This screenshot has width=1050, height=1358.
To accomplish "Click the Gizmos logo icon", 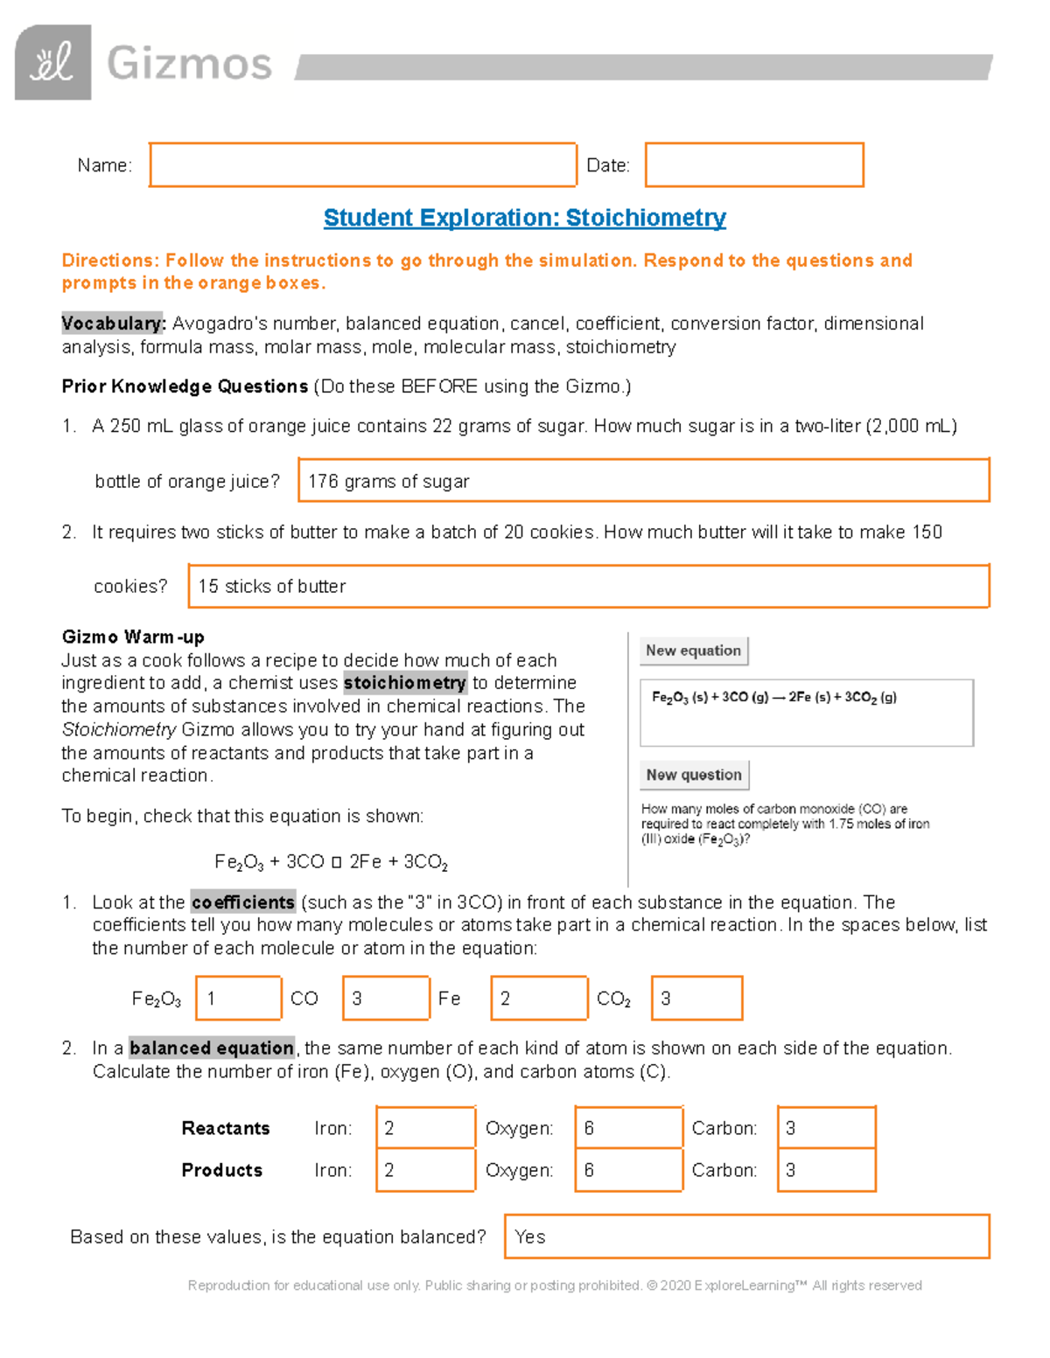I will (x=52, y=62).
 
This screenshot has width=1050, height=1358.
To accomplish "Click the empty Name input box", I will (x=362, y=164).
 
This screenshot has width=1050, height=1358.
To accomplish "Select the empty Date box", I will (x=754, y=164).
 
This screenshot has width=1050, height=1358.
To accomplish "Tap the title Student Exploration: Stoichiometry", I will (x=524, y=218).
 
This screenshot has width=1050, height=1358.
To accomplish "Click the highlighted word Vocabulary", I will (x=113, y=324).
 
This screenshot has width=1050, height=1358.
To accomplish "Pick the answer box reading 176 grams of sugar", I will (x=643, y=480).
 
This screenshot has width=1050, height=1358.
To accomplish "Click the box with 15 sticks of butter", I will (x=588, y=586).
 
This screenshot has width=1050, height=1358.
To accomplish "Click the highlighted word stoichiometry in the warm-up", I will (x=404, y=683).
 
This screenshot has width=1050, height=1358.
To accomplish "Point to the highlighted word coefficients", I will (x=242, y=902).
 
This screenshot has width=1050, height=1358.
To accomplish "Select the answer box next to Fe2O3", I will (x=238, y=998).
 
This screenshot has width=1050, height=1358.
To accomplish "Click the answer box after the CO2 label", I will (x=696, y=998).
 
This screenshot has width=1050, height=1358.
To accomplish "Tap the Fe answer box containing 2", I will (x=538, y=998).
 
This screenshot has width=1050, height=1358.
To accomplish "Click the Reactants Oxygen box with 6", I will (x=628, y=1128).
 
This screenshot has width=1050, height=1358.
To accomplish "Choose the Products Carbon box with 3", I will (x=826, y=1170).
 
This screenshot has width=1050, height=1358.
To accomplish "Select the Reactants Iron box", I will (x=425, y=1128).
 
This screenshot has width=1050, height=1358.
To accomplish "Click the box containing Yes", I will (x=746, y=1236).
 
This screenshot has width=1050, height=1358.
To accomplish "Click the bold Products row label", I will (x=221, y=1170).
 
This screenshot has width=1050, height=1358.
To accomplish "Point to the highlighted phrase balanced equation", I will (x=212, y=1048).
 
